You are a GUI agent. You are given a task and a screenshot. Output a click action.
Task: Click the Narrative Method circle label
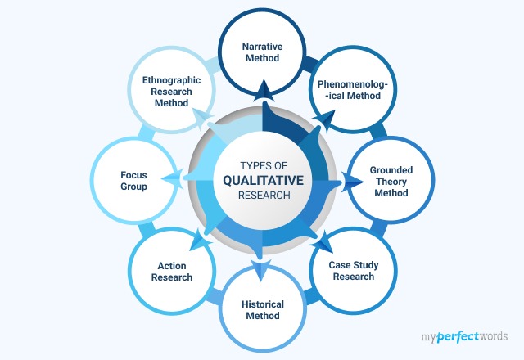262,52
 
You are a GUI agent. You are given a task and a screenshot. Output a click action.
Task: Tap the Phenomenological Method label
353,90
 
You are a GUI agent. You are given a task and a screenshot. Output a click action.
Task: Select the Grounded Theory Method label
391,182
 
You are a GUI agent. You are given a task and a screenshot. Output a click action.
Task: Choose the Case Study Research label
354,271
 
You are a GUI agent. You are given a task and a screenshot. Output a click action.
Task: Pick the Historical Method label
263,310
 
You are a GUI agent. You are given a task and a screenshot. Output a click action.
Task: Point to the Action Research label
172,272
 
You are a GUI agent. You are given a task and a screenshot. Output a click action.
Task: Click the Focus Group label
133,181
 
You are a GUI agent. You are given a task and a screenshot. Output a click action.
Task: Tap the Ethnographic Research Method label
171,92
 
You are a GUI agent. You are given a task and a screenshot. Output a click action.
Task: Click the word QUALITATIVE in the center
264,180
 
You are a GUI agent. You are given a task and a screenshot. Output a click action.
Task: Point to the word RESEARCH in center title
264,195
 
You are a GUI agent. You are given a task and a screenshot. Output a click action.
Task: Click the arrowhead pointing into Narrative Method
264,90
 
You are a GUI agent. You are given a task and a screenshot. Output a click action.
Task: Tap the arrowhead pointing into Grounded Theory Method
352,182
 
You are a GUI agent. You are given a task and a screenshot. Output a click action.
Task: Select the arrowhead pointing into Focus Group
173,179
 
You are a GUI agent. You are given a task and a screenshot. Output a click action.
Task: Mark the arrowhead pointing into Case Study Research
324,243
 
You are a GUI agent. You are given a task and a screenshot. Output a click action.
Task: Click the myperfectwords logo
464,336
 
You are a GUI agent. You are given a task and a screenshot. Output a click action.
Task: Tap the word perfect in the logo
458,336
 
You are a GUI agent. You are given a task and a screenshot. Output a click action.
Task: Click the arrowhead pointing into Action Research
200,240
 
